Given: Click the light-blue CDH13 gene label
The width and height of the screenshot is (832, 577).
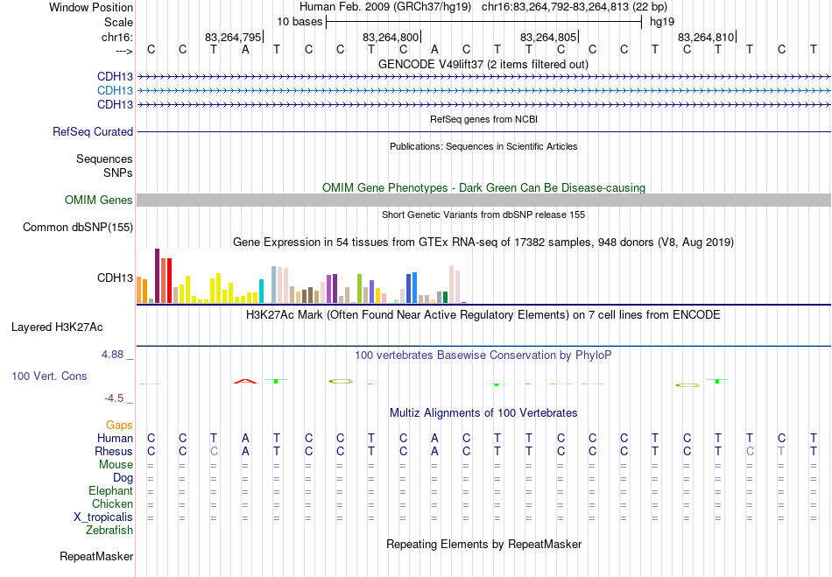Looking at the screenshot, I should coord(115,90).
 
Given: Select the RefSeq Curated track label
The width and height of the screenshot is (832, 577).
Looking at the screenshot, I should coord(93,131).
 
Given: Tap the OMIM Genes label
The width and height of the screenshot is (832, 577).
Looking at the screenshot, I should coord(99,201).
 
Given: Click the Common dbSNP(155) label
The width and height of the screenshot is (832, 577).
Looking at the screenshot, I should coord(78,228).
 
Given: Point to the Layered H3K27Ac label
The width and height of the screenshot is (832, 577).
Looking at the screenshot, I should coord(57,327).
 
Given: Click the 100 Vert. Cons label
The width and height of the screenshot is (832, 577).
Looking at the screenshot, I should coord(49,376).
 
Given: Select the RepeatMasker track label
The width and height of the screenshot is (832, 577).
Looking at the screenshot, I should coord(96,556).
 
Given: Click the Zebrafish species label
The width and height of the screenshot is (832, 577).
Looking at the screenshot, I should coord(109,530).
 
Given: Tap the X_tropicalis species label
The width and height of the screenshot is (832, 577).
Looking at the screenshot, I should coord(103,517).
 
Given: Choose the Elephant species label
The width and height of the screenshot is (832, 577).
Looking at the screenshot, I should coord(110,490).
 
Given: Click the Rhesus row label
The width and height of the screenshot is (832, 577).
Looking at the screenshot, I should coord(114,451).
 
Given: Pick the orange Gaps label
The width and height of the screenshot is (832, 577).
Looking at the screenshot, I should coord(119,425).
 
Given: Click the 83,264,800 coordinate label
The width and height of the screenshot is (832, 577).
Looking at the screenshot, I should coord(391,38).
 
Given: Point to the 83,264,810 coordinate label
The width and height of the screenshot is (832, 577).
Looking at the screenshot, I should coord(706,38).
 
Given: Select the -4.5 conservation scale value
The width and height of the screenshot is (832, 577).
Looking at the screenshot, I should coord(115,398).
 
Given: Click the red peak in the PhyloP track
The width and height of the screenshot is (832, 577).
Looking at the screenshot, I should coord(245,380).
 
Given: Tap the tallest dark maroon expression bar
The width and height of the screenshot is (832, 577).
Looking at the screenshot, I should coord(157,276).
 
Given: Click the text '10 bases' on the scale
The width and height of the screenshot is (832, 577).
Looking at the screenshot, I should coord(300,21).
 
